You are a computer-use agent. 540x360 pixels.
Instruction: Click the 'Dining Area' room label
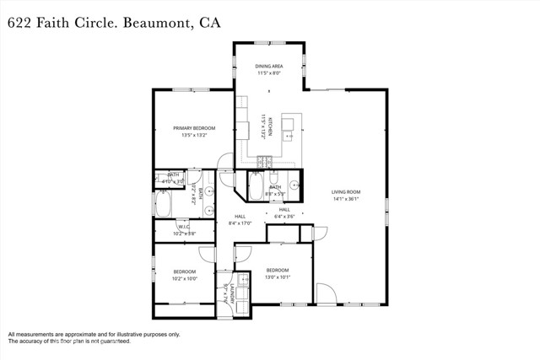pos(270,65)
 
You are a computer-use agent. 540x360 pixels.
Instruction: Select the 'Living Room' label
pos(345,192)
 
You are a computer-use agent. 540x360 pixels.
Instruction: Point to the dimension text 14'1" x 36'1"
pos(345,199)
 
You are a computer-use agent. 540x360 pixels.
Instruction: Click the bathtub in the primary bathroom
pos(163,205)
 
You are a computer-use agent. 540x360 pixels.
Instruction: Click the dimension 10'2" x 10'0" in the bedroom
pos(185,278)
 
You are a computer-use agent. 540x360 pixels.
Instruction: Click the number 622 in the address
pos(19,24)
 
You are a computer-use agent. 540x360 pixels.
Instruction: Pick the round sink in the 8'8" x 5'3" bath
pos(294,183)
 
